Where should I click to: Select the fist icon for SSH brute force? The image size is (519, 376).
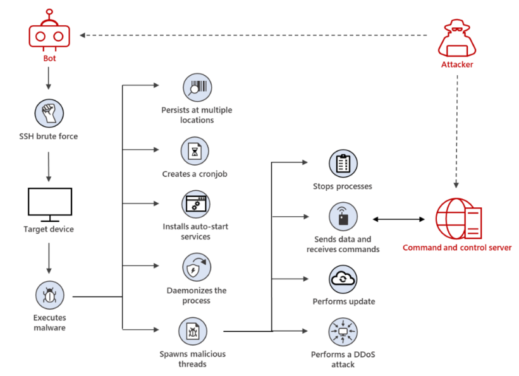click(x=49, y=113)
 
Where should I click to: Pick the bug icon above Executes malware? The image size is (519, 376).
click(x=50, y=295)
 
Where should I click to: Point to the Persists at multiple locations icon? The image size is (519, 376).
click(x=197, y=88)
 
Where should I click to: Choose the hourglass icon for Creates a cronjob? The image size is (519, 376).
click(x=195, y=151)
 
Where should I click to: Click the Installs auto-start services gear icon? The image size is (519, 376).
click(x=196, y=204)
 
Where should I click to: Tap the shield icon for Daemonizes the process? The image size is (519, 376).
click(x=197, y=267)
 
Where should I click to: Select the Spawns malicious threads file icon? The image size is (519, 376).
click(x=193, y=331)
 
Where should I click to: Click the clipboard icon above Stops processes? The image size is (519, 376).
click(x=343, y=164)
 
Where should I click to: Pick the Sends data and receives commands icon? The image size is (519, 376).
click(x=343, y=217)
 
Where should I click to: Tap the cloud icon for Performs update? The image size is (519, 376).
click(x=343, y=279)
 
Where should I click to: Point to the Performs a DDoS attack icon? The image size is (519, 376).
click(x=343, y=332)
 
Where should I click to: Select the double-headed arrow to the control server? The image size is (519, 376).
click(x=398, y=219)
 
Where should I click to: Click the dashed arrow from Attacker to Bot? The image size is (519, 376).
click(x=253, y=35)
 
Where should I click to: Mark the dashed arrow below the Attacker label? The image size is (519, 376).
click(x=457, y=131)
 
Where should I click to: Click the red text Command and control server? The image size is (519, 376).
click(x=457, y=248)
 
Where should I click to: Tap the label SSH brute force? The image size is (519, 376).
click(x=48, y=136)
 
